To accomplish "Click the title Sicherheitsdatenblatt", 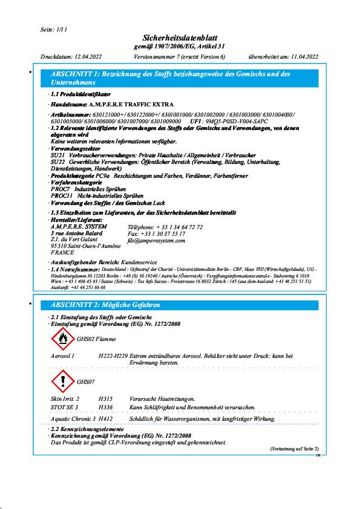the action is pyautogui.click(x=179, y=38).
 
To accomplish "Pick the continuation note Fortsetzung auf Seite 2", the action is pyautogui.click(x=293, y=449).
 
